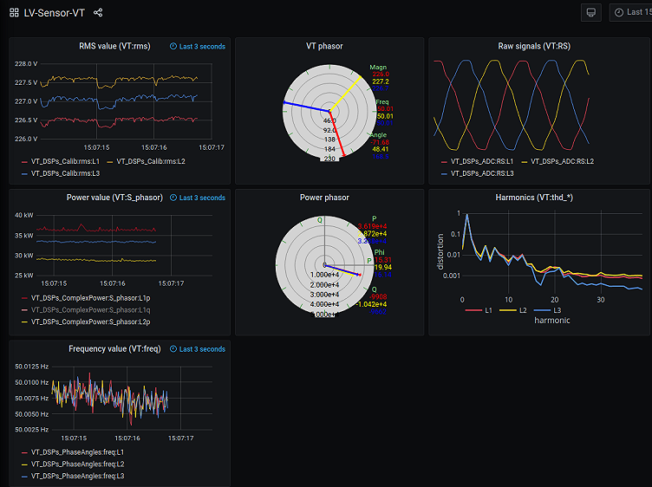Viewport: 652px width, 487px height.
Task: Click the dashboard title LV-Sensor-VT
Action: coord(54,13)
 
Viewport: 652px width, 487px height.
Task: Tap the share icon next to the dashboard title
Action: coord(98,13)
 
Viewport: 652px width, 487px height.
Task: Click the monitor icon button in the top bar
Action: coord(591,12)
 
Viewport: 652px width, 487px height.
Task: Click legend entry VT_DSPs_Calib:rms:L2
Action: coord(150,161)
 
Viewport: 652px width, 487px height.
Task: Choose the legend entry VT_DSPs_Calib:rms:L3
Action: coord(65,173)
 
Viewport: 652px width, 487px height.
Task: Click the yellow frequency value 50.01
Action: coord(384,116)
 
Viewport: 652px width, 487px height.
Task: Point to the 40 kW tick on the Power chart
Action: coord(24,215)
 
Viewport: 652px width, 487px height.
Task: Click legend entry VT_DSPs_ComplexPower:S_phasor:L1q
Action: coord(90,309)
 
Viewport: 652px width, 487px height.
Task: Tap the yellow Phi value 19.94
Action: coord(382,268)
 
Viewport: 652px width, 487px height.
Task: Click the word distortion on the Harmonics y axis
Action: coord(440,250)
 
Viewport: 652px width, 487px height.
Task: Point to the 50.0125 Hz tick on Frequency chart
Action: coord(31,367)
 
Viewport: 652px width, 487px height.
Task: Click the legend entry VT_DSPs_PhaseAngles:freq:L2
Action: coord(77,464)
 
